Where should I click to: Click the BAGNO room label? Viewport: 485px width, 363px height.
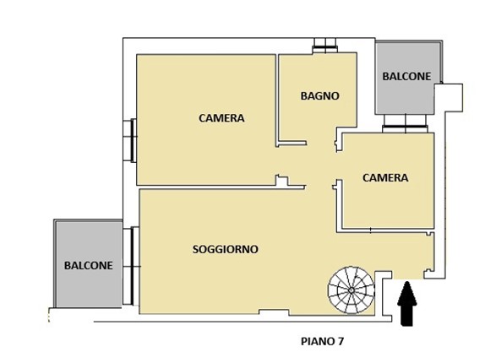[x=319, y=96]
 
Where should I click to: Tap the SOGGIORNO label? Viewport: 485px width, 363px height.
[x=225, y=250]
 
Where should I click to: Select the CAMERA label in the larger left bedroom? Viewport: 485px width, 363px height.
[x=221, y=119]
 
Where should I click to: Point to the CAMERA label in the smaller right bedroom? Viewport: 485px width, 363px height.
[x=385, y=178]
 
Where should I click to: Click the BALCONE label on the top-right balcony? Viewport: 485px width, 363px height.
[x=406, y=76]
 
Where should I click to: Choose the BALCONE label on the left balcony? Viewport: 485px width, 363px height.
[x=88, y=265]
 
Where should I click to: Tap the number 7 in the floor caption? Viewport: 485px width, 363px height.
[x=340, y=342]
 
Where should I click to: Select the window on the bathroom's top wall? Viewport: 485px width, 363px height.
[x=324, y=47]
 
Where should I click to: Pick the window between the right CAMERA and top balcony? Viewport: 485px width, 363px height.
[x=406, y=128]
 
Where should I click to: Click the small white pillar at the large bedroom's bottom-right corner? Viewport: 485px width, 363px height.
[x=281, y=179]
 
